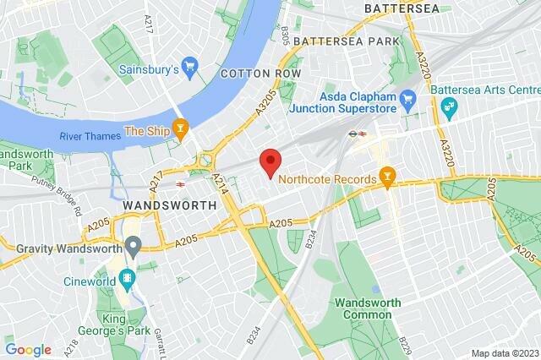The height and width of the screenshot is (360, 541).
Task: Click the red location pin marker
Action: coord(270,162)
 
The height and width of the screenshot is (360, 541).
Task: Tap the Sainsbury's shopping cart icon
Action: coord(190,64)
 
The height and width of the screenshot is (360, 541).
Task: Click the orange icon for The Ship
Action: coord(179,129)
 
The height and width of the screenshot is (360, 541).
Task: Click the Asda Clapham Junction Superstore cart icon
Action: coord(407,100)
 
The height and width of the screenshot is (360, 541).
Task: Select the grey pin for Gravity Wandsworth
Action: coord(132,247)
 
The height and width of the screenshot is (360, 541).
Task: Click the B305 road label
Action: coord(284,34)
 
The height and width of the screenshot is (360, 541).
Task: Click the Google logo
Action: coord(28,349)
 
